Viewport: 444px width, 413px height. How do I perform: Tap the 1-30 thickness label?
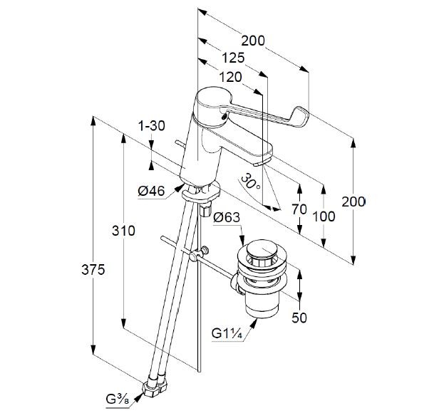pyautogui.click(x=151, y=126)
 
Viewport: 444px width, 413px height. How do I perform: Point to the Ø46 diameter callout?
pyautogui.click(x=151, y=190)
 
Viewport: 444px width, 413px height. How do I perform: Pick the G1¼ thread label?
pyautogui.click(x=226, y=332)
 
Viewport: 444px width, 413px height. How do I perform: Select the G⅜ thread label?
pyautogui.click(x=119, y=399)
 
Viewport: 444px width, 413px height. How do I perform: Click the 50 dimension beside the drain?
pyautogui.click(x=299, y=318)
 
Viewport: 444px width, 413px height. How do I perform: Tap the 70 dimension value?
pyautogui.click(x=300, y=210)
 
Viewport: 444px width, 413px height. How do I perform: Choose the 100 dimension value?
pyautogui.click(x=326, y=216)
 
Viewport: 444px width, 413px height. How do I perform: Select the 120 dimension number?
pyautogui.click(x=229, y=77)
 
